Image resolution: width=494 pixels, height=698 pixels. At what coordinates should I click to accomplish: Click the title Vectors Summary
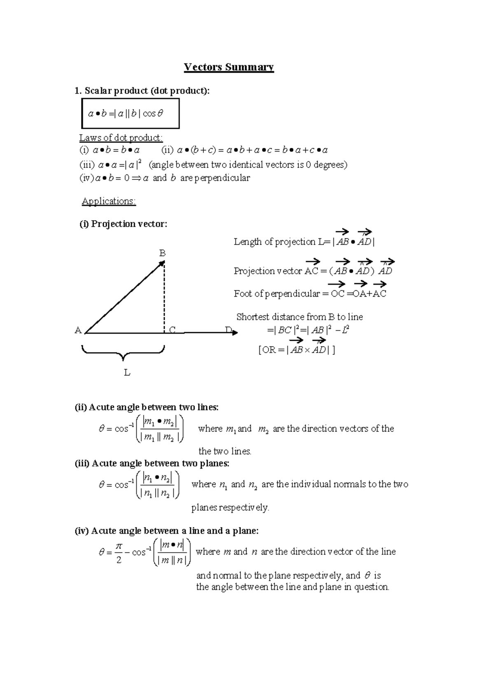[228, 67]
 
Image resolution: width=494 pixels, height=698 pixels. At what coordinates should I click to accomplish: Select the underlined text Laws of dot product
[121, 137]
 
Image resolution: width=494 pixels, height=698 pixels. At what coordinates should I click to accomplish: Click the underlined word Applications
[109, 201]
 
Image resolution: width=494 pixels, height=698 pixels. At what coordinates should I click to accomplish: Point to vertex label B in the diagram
[162, 253]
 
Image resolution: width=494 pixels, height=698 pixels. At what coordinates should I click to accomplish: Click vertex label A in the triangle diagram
[78, 330]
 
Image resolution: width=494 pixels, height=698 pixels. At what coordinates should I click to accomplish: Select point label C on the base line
[172, 330]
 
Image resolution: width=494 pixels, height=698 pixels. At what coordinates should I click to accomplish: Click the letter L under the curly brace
[127, 373]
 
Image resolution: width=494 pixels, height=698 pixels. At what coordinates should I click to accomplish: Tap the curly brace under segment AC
[123, 353]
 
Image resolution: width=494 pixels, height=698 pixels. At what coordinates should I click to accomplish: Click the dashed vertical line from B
[164, 296]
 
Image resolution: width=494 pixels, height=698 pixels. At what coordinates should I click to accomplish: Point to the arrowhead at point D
[235, 332]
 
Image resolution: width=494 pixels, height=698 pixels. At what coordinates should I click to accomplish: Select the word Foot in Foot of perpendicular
[243, 294]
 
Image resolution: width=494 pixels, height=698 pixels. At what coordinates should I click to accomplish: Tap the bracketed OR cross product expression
[296, 350]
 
